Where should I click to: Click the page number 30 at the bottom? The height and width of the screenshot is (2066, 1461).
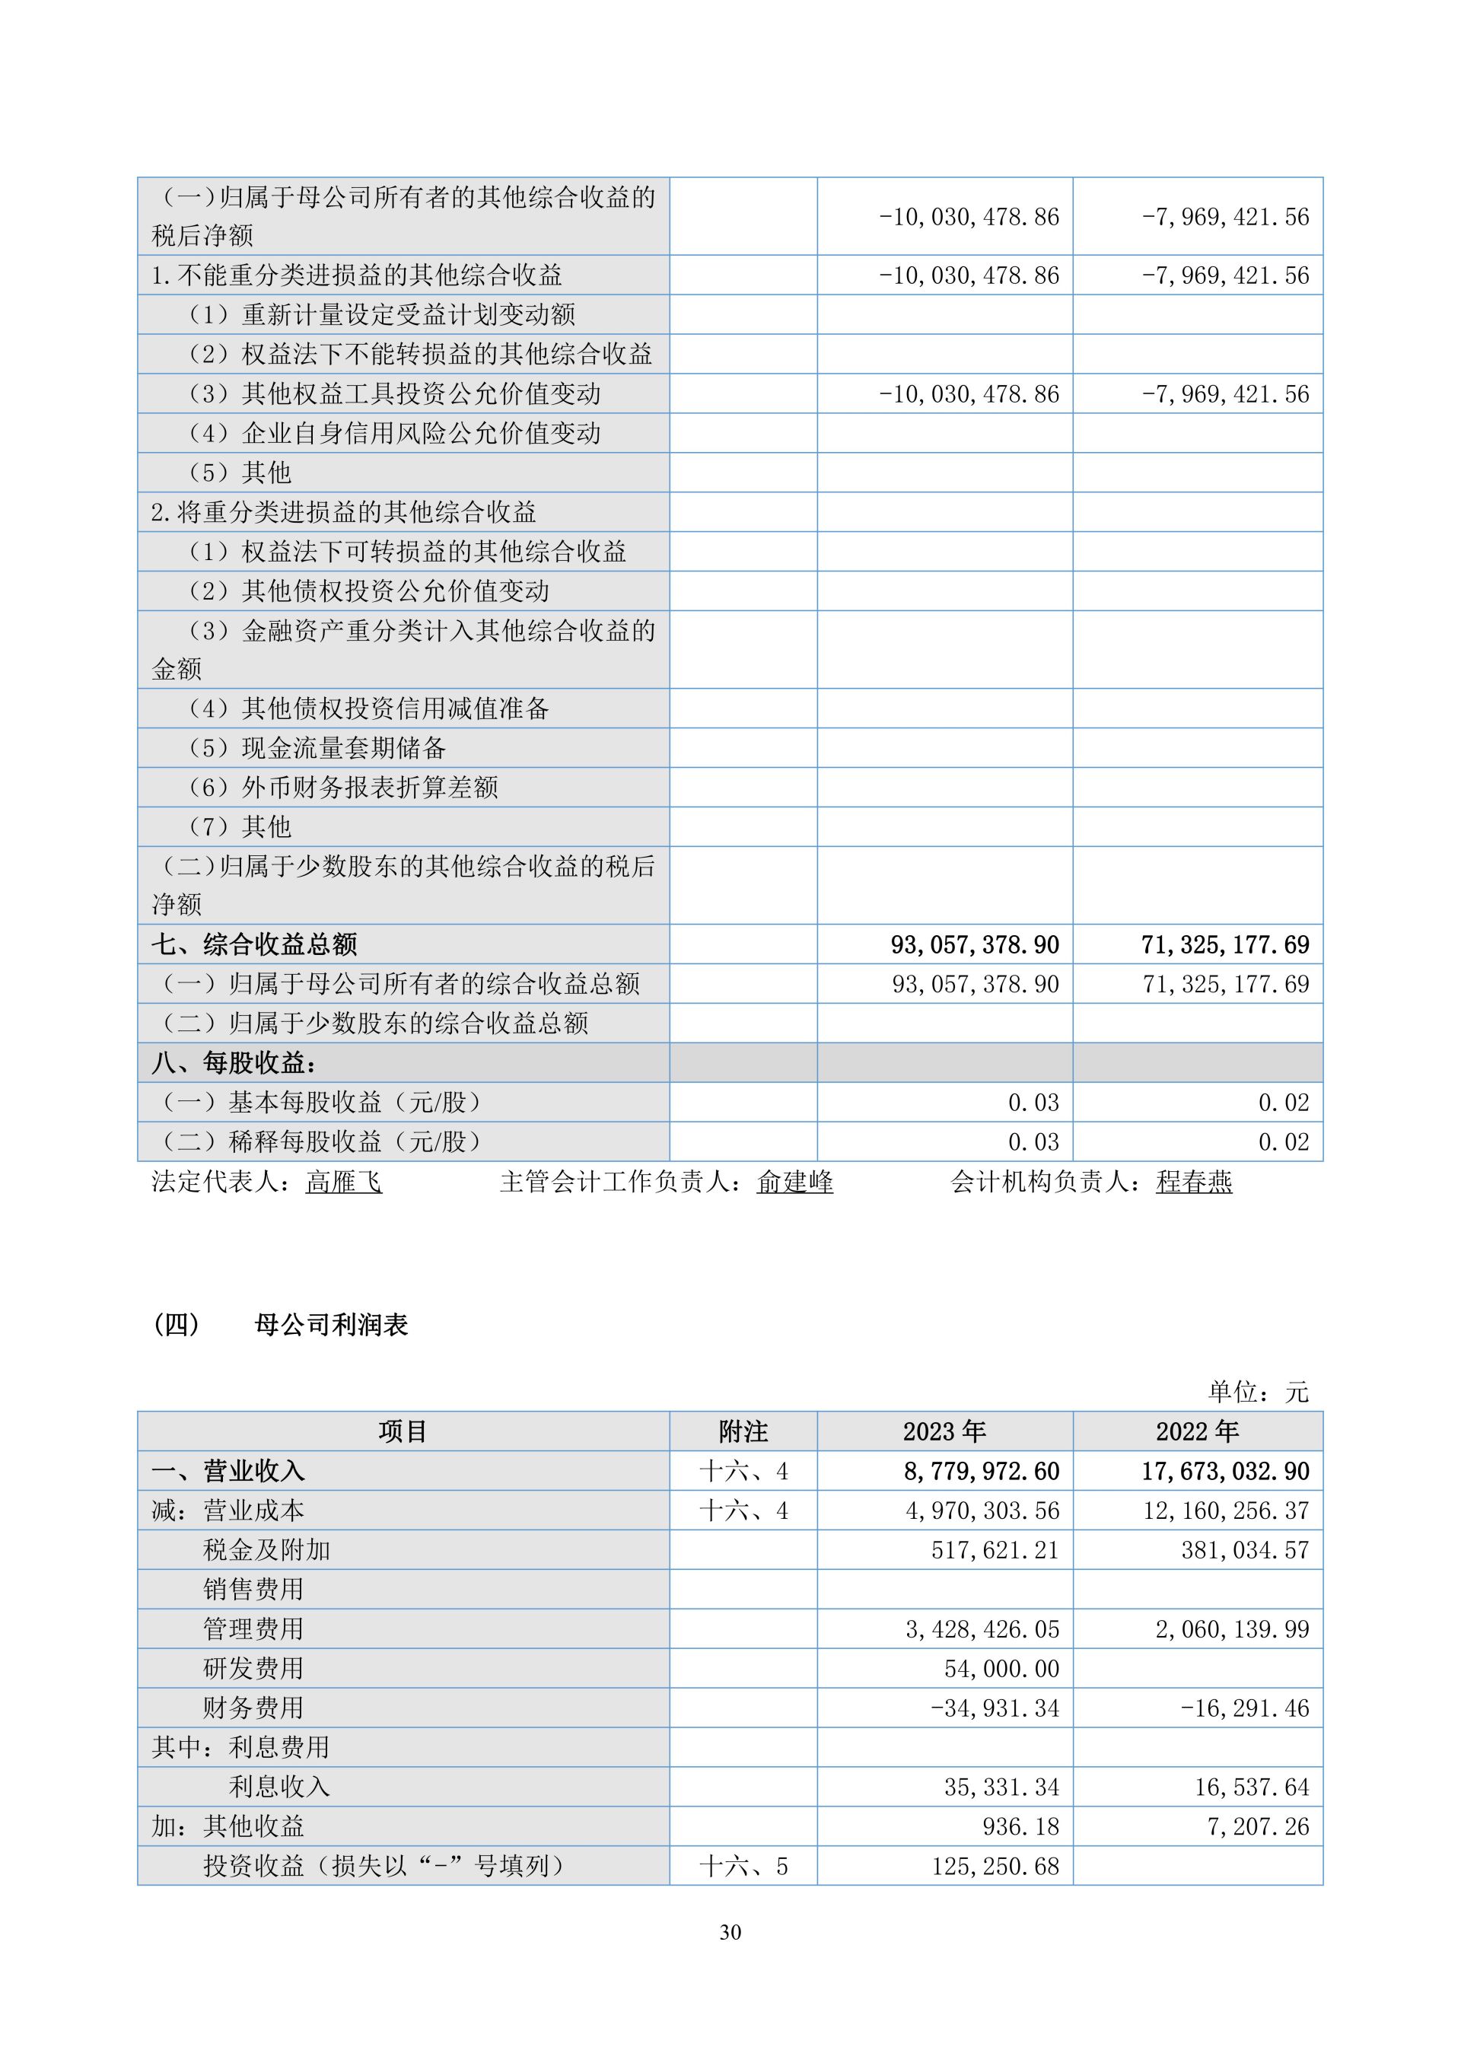pos(730,1932)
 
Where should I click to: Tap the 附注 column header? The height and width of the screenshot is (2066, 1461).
pos(743,1431)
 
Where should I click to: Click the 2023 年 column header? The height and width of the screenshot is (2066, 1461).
pos(944,1431)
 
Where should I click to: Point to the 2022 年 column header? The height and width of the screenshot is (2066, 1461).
pos(1198,1431)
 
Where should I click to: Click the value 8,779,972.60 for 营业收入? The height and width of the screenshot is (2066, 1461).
pos(982,1471)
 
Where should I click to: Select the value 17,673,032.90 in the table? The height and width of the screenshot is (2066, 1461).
pos(1225,1471)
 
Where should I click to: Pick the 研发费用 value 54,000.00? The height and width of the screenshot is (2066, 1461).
pos(1001,1668)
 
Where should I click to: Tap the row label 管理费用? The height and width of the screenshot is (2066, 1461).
pos(253,1628)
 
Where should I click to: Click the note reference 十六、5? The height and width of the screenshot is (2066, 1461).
pos(743,1865)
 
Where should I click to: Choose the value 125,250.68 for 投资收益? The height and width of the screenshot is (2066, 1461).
pos(995,1865)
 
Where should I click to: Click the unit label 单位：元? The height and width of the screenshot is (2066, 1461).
pos(1258,1392)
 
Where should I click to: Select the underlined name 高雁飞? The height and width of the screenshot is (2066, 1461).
pos(344,1182)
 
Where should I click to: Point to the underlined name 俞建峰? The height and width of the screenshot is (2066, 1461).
pos(795,1182)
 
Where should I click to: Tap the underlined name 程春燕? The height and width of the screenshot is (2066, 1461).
pos(1194,1182)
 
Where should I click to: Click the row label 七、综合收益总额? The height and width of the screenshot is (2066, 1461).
pos(255,944)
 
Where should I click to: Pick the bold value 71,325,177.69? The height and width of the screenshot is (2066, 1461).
pos(1225,944)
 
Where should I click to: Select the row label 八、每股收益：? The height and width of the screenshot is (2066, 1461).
pos(234,1063)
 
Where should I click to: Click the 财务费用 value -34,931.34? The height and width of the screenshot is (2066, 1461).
pos(995,1708)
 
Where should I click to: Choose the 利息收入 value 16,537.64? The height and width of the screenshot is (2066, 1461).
pos(1252,1787)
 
